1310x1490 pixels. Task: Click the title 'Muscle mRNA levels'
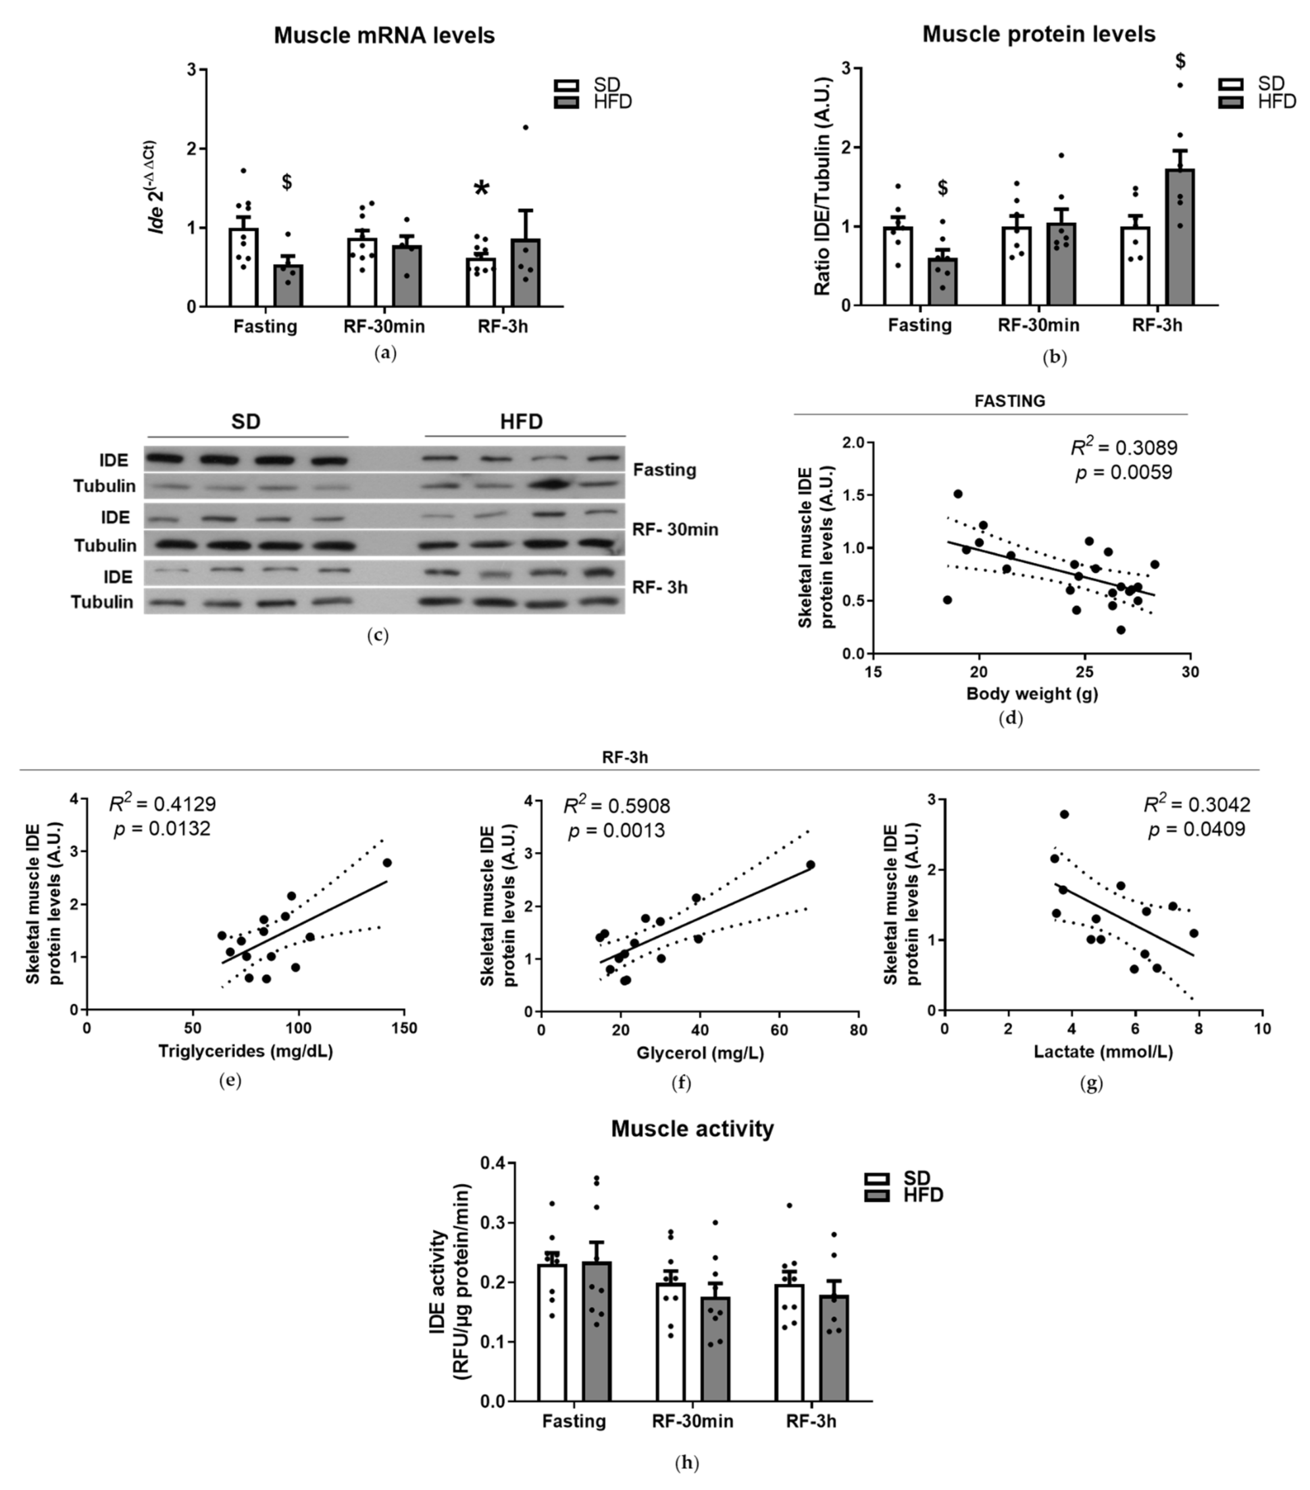pyautogui.click(x=384, y=35)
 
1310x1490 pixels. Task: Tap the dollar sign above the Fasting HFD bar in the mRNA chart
pyautogui.click(x=287, y=182)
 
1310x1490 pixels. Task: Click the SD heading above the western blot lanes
pyautogui.click(x=246, y=422)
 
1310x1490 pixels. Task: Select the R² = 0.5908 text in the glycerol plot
pyautogui.click(x=617, y=806)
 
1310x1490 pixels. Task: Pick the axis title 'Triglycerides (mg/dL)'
pyautogui.click(x=246, y=1051)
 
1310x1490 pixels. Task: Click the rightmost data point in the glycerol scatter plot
pyautogui.click(x=810, y=865)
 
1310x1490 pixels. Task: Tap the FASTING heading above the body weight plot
pyautogui.click(x=1009, y=401)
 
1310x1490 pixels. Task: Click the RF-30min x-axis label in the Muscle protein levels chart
pyautogui.click(x=1038, y=325)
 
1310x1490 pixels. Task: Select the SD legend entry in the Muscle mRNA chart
pyautogui.click(x=590, y=85)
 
